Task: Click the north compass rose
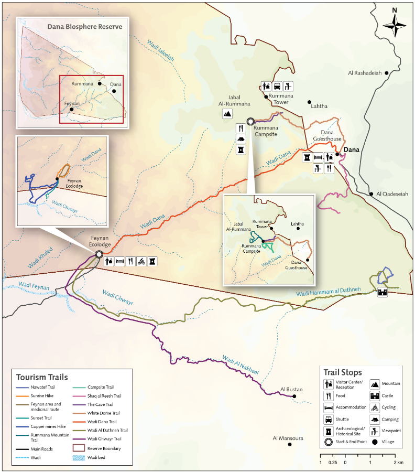click(x=395, y=23)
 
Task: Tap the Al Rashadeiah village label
click(x=365, y=73)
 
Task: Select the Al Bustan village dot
click(x=294, y=396)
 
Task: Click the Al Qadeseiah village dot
click(x=372, y=194)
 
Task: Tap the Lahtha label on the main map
click(x=319, y=106)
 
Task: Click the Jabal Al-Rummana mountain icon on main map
click(x=228, y=113)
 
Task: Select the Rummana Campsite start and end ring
click(x=251, y=121)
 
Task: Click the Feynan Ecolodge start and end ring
click(x=99, y=254)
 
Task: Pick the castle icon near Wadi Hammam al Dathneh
click(x=383, y=292)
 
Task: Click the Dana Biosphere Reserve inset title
click(x=84, y=26)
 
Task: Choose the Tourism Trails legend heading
click(x=41, y=377)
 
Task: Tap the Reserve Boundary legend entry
click(x=105, y=448)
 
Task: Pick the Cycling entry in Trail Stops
click(x=388, y=407)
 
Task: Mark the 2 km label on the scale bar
click(x=399, y=463)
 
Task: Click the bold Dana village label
click(x=351, y=149)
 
